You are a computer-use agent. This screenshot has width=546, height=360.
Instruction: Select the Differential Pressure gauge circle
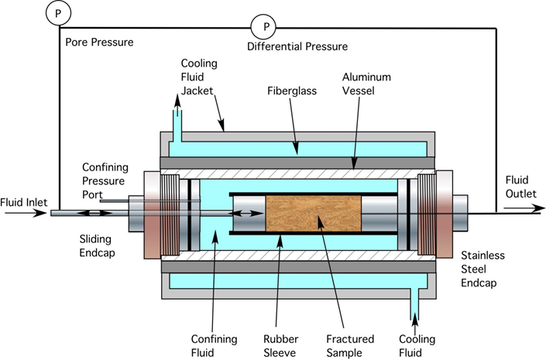point(265,27)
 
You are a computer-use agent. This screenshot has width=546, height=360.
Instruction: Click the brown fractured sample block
point(314,213)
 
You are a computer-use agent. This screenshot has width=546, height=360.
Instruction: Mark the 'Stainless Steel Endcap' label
point(482,269)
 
